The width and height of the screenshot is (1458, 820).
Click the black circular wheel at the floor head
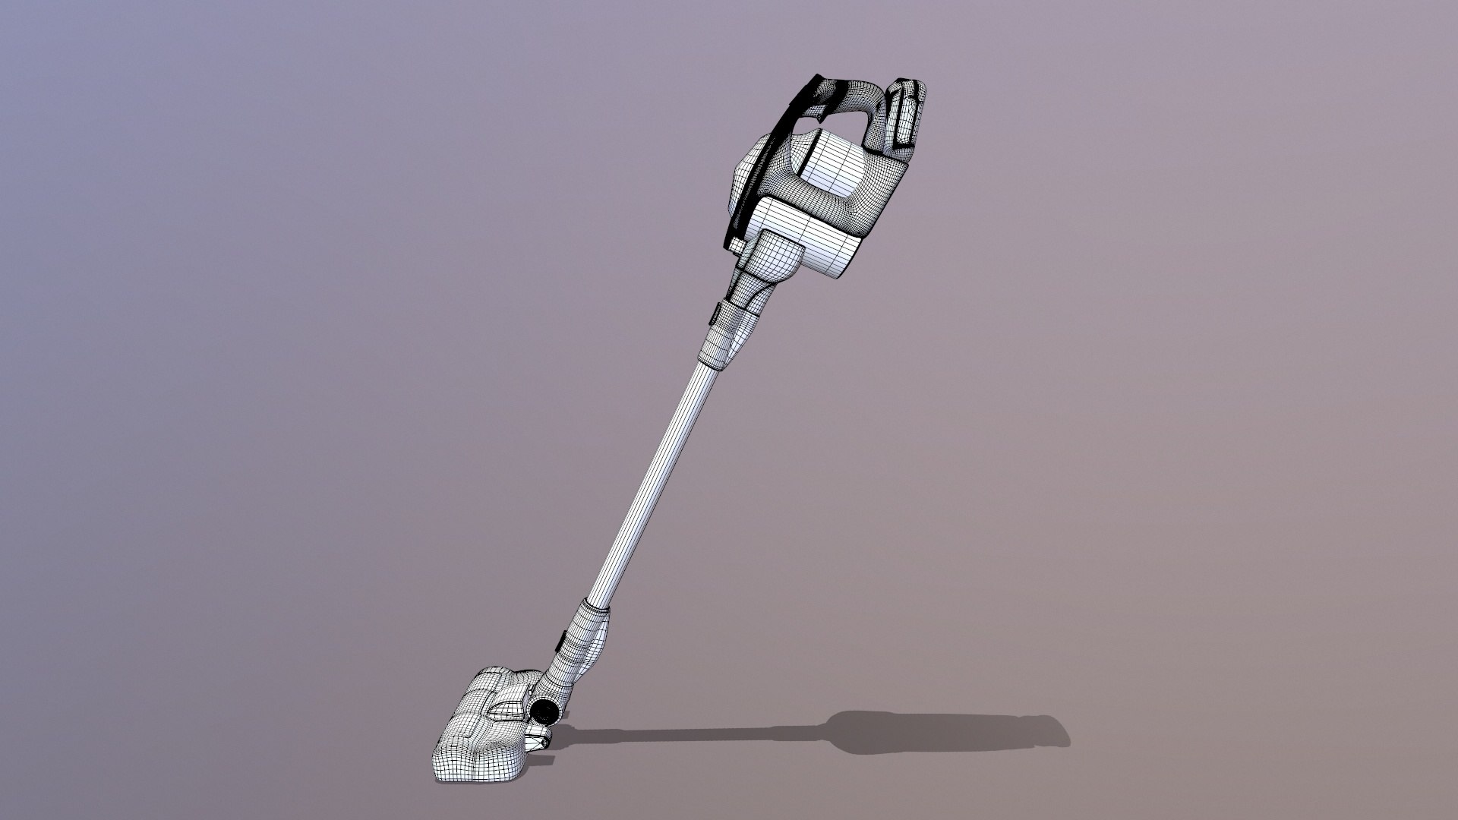pyautogui.click(x=542, y=711)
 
